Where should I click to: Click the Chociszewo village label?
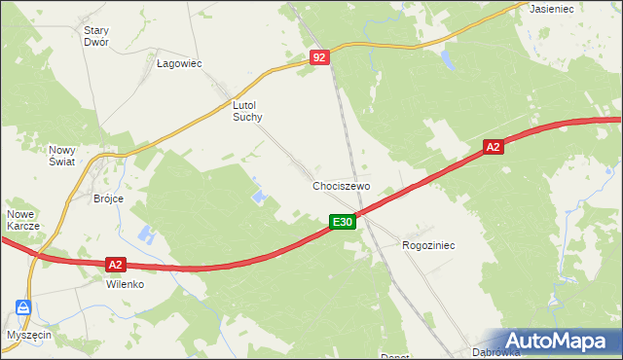tap(341, 185)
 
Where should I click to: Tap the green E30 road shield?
tap(342, 223)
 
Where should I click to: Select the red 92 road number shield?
tap(321, 58)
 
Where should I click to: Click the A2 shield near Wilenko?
tap(115, 264)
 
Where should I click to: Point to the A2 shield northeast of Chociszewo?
tap(494, 147)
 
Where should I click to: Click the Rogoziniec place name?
tap(428, 246)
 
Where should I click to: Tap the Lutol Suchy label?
tap(247, 110)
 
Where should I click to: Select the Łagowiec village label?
tap(179, 63)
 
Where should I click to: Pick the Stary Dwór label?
tap(96, 36)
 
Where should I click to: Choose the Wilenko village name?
tap(125, 285)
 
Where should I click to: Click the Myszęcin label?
tap(27, 334)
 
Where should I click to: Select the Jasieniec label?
tap(551, 8)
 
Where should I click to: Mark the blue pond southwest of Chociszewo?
tap(260, 198)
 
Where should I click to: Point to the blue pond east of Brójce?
tap(146, 234)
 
